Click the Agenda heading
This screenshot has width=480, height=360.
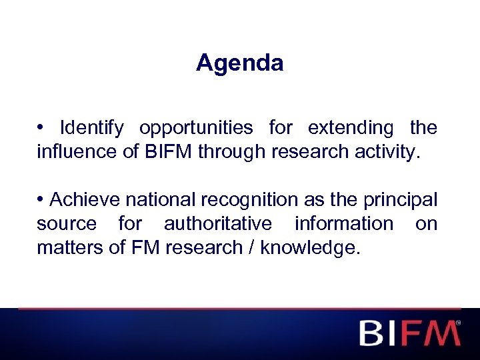240,63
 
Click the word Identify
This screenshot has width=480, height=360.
91,127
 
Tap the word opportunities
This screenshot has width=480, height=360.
196,127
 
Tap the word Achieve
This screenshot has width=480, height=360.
82,199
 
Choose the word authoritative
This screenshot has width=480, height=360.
218,223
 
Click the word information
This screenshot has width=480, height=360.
344,223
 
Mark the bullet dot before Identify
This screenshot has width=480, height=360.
41,127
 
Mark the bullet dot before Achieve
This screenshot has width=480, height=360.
41,199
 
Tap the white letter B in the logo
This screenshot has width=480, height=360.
372,333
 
